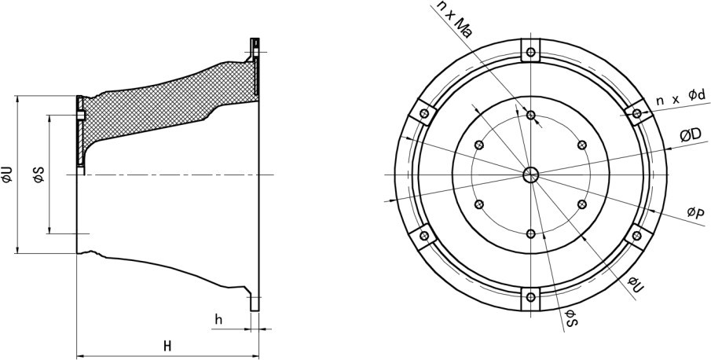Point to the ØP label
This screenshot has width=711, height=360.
click(695, 212)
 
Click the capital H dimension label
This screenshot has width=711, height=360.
click(167, 346)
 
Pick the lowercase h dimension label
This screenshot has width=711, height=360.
click(219, 319)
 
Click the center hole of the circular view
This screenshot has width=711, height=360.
click(531, 174)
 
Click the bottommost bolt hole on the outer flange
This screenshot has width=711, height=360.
click(531, 296)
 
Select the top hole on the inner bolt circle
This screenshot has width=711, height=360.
click(531, 116)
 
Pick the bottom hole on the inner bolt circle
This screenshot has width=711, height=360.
click(531, 233)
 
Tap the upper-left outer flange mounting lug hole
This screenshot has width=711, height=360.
click(424, 114)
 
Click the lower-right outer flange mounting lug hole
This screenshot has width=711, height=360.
click(637, 235)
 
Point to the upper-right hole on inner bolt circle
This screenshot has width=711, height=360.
click(582, 144)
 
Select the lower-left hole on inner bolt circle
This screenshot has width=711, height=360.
click(479, 204)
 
